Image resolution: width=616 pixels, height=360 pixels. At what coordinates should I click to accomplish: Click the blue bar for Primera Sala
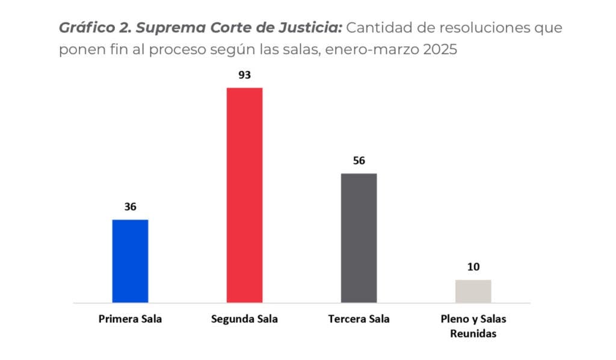[x=130, y=261]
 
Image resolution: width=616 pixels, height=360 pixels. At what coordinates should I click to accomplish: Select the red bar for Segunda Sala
[x=244, y=195]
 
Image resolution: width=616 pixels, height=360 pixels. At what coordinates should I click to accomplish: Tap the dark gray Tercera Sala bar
[x=359, y=238]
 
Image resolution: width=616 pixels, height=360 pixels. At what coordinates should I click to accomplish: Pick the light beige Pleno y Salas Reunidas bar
[x=473, y=291]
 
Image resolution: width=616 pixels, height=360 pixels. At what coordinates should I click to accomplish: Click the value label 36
[x=131, y=206]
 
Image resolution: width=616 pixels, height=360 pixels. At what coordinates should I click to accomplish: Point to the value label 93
[x=244, y=75]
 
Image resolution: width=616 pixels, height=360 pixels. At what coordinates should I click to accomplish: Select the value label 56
[x=359, y=161]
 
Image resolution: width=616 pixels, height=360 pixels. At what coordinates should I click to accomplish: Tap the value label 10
[x=473, y=267]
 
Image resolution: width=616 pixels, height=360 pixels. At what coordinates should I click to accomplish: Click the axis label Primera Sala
[x=130, y=319]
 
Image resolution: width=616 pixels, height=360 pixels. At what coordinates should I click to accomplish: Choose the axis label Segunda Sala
[x=244, y=319]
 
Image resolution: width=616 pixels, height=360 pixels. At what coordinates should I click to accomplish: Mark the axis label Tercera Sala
[x=359, y=319]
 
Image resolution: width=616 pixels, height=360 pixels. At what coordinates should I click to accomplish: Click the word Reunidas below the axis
[x=473, y=334]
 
